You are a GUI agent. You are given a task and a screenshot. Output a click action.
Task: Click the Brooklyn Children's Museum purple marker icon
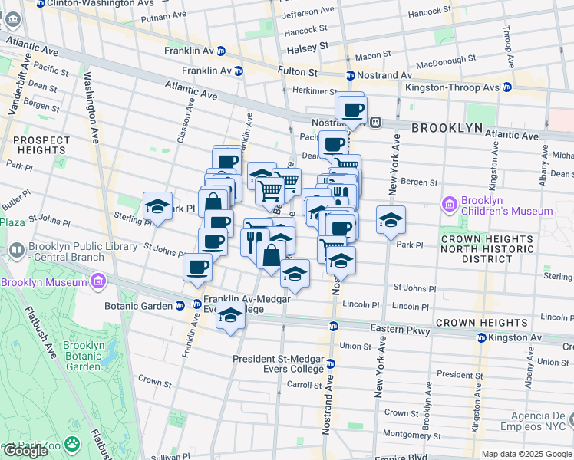point(450,205)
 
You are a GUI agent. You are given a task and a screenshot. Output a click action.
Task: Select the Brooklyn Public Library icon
point(17,251)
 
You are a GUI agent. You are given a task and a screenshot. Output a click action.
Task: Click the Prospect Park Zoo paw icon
point(72,444)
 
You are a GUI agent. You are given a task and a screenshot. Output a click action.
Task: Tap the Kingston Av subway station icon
point(480,337)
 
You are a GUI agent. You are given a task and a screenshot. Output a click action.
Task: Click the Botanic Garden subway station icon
point(180,305)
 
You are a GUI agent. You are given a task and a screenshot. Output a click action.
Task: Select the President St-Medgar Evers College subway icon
point(331,363)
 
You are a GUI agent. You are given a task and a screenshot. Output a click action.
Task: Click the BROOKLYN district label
point(447,128)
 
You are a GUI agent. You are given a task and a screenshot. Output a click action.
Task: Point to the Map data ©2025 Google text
point(526,454)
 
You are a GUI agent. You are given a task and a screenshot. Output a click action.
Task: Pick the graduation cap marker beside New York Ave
point(391,219)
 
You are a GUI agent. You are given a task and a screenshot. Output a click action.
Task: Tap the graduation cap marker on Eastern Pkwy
point(230,316)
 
